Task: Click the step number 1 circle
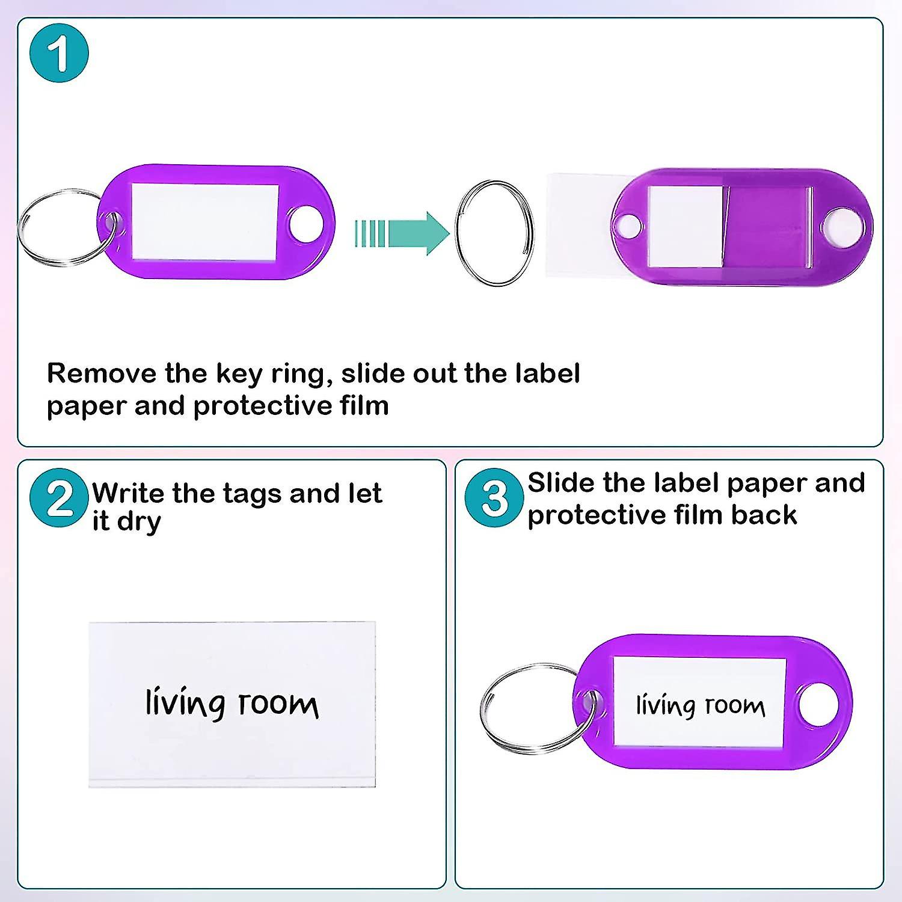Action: coord(59,53)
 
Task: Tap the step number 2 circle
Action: coord(59,498)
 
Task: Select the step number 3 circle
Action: coord(494,498)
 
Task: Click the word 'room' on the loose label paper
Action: coord(278,704)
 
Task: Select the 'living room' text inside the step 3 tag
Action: coord(701,705)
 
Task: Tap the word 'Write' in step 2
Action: coord(127,494)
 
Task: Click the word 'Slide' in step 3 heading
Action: coord(560,483)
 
